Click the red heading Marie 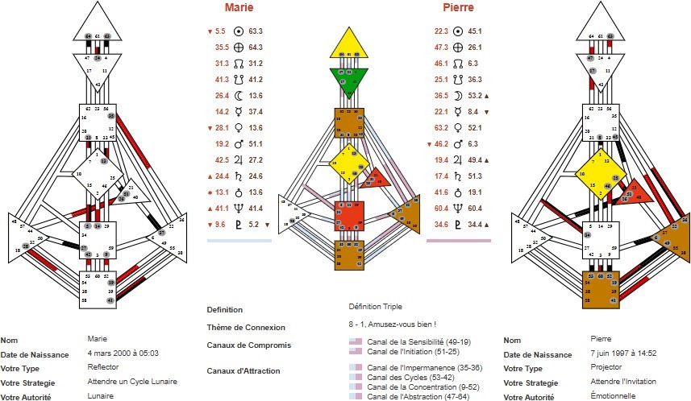tap(239, 8)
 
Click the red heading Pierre tap(458, 8)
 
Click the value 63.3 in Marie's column tap(256, 31)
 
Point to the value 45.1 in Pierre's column tap(475, 31)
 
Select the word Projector tap(606, 367)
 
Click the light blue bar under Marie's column tap(239, 240)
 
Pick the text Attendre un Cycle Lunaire tap(131, 381)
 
